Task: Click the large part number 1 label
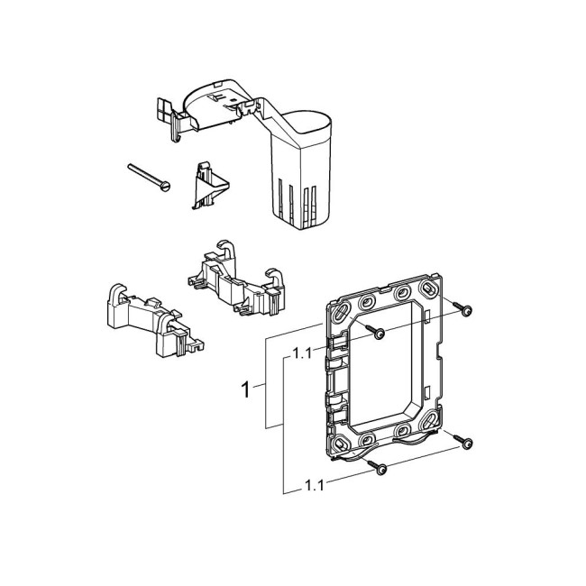[x=244, y=389]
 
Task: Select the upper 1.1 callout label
[x=303, y=354]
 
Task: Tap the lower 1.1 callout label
[x=312, y=485]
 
